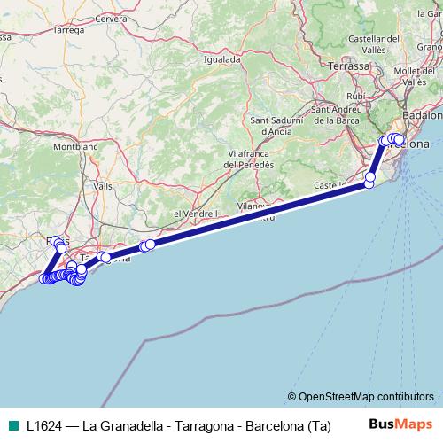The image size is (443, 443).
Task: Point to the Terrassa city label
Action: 348,66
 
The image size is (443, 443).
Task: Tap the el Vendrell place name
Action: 196,214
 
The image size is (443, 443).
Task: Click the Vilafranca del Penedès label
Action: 249,159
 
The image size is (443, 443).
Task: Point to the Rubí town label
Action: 356,96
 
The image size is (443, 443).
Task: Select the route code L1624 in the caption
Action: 45,424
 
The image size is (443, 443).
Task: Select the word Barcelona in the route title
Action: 271,424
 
